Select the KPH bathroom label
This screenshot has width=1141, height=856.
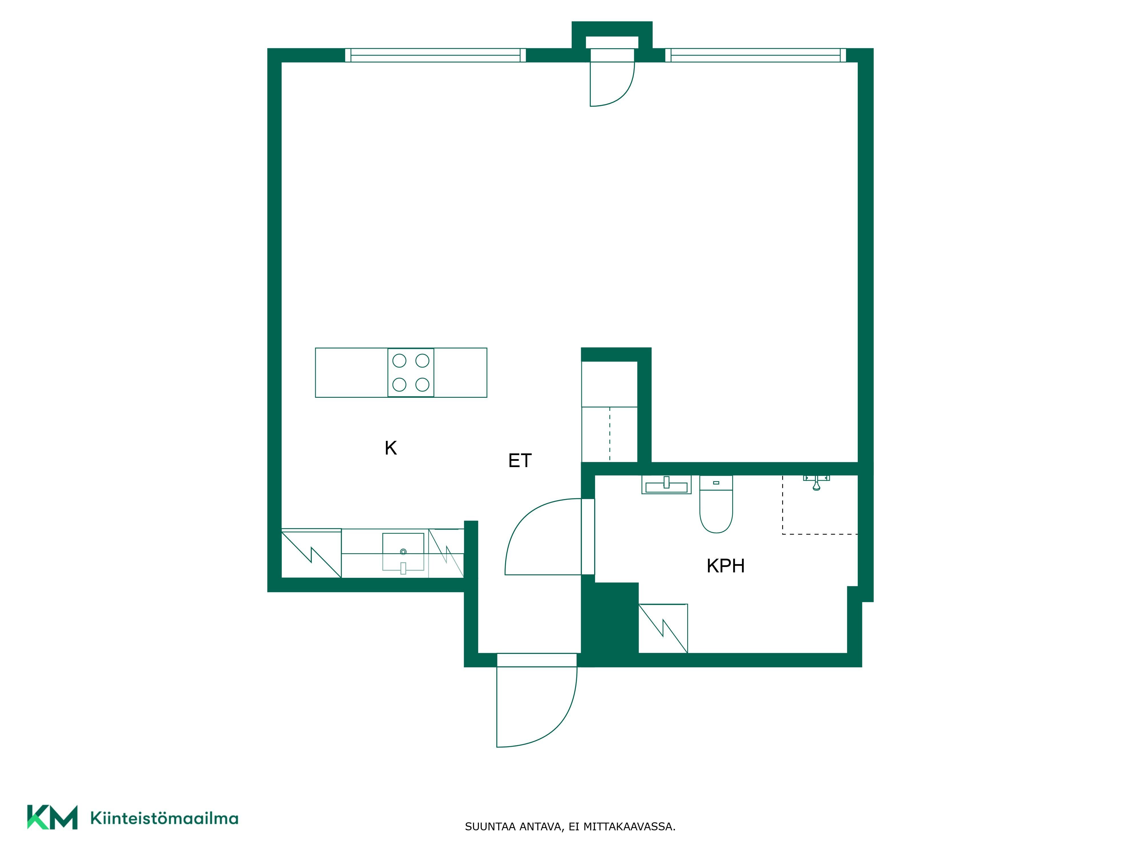[725, 566]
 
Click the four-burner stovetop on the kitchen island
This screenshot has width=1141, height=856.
[410, 373]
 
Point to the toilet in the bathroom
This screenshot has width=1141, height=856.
[716, 504]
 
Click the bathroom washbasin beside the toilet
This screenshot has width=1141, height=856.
[666, 484]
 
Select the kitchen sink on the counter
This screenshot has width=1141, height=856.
[403, 552]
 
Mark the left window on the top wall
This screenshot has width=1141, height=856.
[435, 55]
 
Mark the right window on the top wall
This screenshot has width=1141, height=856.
[756, 55]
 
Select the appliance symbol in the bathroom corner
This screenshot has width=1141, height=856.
[663, 629]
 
